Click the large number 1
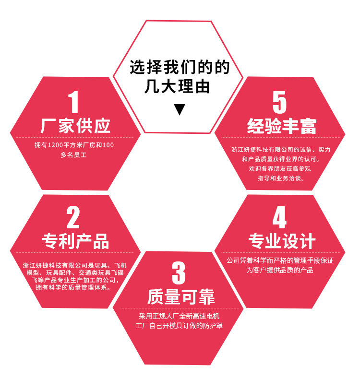tap(73, 103)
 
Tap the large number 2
tap(73, 218)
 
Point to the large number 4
tap(279, 218)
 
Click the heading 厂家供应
tap(75, 126)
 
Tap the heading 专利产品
tap(75, 241)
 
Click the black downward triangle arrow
tap(180, 109)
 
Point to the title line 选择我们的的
tap(180, 67)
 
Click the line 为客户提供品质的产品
tap(280, 270)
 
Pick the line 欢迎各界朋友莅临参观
tap(280, 168)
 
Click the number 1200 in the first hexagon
tap(58, 145)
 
